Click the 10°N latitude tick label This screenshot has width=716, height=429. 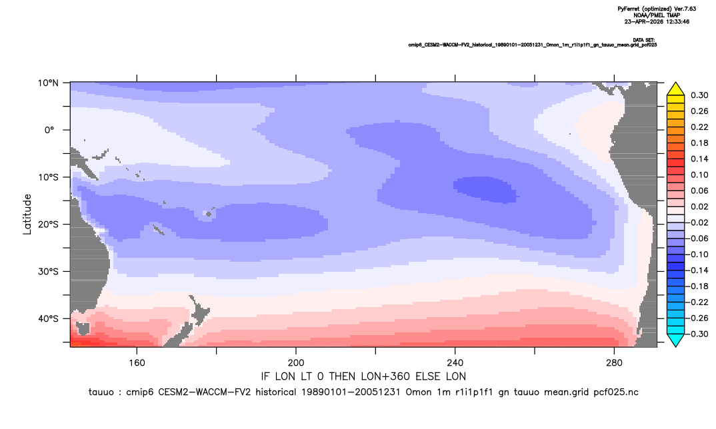point(49,83)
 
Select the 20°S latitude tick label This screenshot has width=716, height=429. point(49,224)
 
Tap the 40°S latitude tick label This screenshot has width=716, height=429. point(49,318)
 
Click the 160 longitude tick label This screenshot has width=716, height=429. point(137,363)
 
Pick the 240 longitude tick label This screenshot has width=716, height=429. point(455,363)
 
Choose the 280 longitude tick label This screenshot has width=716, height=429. point(614,363)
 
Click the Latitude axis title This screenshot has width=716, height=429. point(27,214)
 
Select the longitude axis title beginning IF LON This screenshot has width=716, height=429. point(363,376)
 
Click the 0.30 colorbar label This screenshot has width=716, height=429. point(699,95)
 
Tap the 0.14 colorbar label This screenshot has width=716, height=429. point(699,159)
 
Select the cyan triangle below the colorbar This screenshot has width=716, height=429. point(675,340)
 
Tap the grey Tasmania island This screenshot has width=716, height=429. point(83,328)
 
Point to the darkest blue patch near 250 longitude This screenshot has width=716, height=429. point(485,189)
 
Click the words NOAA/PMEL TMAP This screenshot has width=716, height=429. point(657,15)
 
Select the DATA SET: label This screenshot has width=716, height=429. point(644,40)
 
